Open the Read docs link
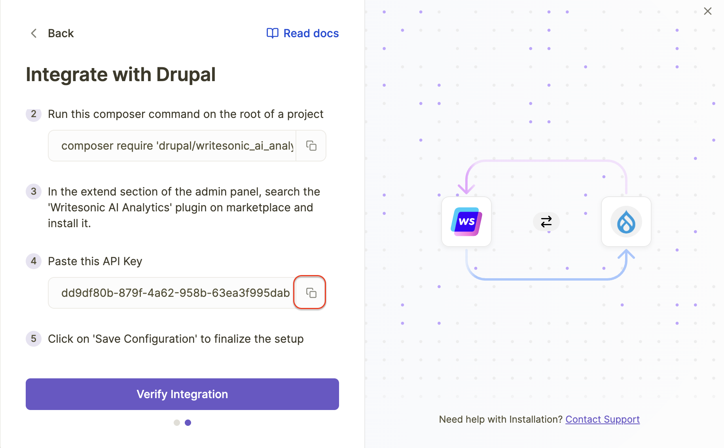click(303, 33)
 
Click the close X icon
click(708, 11)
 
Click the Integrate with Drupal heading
click(121, 74)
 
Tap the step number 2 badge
click(34, 114)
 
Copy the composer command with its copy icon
click(311, 146)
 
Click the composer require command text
click(177, 146)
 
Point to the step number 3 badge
click(34, 192)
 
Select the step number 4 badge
click(34, 261)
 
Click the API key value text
click(176, 293)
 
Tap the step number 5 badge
click(34, 339)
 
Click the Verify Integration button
click(182, 394)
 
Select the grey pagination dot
click(177, 423)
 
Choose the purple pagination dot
click(188, 423)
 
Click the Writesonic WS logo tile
click(466, 222)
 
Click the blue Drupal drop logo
click(626, 222)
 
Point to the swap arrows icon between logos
click(546, 222)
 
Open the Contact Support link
click(603, 420)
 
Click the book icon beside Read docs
click(273, 33)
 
